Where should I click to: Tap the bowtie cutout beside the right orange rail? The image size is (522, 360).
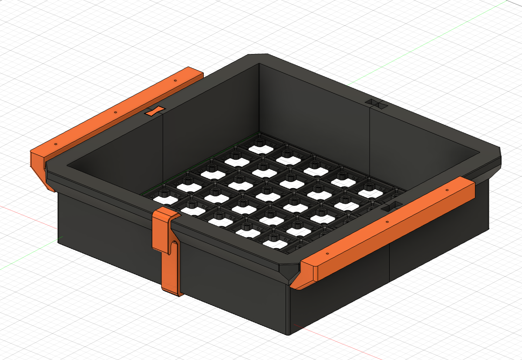393,207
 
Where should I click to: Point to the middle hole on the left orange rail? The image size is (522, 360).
115,112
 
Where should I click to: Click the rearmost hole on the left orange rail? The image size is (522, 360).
175,81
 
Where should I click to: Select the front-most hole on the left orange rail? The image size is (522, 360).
56,144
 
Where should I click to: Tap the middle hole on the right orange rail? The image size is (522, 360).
387,222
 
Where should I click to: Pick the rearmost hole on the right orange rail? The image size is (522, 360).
447,190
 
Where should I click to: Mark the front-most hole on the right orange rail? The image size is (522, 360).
327,254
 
